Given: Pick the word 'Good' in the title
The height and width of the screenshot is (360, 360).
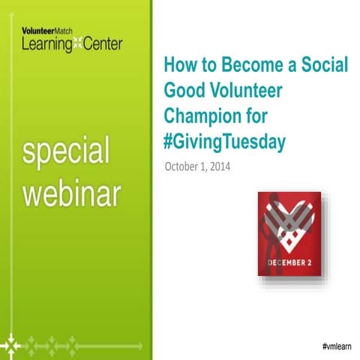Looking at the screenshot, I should [x=182, y=90].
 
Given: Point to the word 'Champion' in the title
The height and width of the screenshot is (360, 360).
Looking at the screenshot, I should [x=200, y=115].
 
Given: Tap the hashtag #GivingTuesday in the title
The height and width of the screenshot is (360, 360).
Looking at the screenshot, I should [x=224, y=141].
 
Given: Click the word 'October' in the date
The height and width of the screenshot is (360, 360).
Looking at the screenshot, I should [x=183, y=166].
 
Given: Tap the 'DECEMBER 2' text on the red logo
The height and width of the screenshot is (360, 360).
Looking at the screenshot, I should [x=289, y=262].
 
